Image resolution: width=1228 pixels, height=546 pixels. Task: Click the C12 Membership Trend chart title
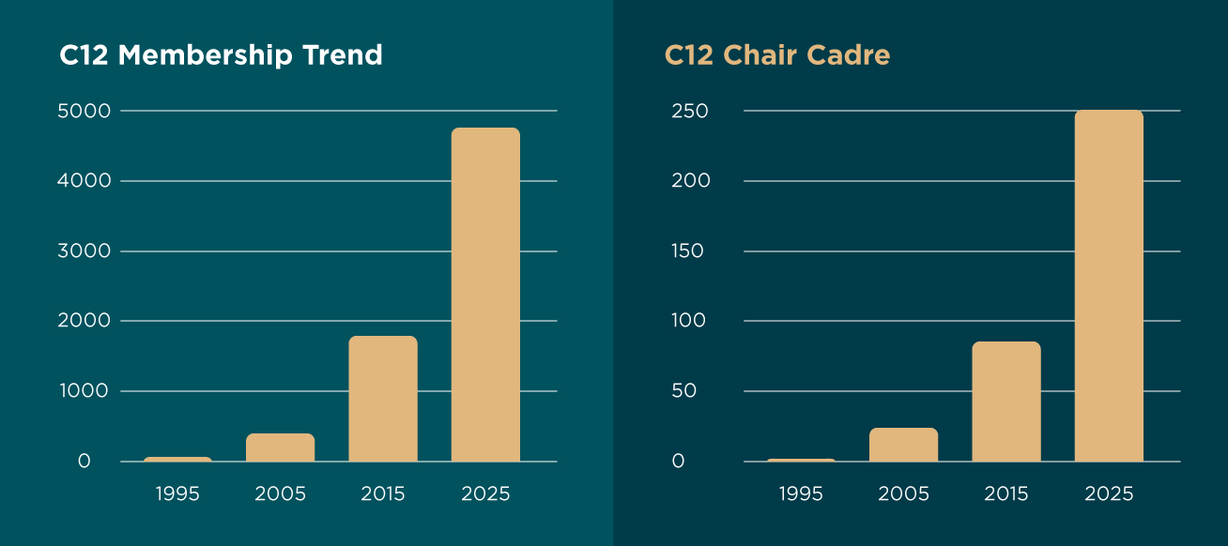point(221,55)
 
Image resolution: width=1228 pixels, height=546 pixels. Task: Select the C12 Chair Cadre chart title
point(776,55)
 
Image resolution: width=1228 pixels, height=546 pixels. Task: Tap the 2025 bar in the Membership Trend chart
point(485,295)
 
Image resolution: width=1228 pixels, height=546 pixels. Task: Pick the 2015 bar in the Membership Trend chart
point(383,399)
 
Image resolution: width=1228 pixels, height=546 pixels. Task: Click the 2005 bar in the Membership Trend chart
point(281,447)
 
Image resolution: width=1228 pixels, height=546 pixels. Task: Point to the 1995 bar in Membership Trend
point(177,459)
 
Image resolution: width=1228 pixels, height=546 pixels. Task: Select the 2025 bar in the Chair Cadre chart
point(1109,286)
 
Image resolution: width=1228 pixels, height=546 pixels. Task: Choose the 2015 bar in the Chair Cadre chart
point(1006,402)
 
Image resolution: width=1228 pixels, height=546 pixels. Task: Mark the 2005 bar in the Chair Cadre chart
point(903,445)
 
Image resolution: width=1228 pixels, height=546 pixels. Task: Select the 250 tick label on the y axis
point(689,111)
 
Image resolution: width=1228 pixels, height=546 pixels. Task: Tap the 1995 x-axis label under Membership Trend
point(177,493)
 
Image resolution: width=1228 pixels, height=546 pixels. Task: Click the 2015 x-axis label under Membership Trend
point(383,493)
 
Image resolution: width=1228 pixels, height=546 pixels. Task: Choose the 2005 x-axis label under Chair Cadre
point(903,493)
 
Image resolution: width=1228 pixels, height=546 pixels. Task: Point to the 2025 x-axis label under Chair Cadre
point(1109,493)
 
